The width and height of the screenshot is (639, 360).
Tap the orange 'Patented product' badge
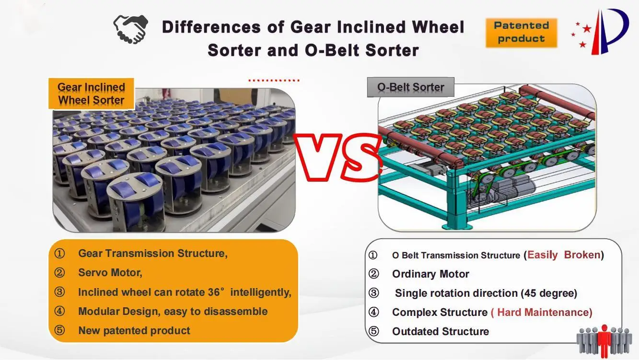[521, 33]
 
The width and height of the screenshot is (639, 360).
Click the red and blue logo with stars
[601, 31]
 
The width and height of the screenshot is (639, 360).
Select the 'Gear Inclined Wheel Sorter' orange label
[91, 93]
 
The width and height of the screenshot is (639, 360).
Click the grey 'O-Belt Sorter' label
[410, 88]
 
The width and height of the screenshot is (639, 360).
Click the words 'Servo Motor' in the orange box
[110, 273]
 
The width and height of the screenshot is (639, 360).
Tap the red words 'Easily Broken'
[564, 255]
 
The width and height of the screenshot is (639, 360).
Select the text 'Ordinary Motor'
[430, 274]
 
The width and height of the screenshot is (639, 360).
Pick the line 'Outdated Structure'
[440, 332]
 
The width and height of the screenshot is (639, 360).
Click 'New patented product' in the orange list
[134, 331]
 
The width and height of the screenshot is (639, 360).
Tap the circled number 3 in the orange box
[59, 292]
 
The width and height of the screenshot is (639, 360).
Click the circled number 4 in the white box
[373, 313]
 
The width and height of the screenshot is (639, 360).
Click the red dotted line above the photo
[274, 80]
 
